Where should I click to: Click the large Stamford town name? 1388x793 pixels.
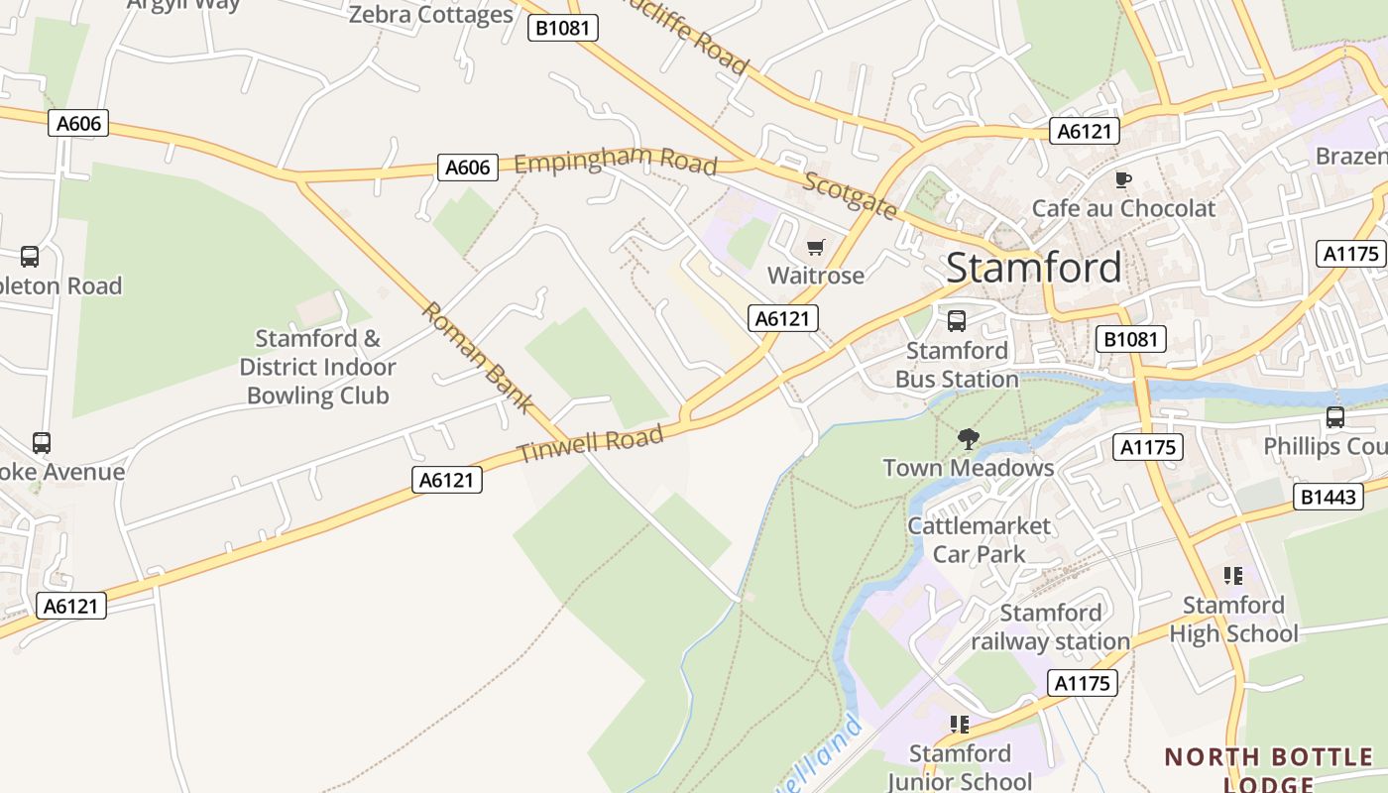[1034, 268]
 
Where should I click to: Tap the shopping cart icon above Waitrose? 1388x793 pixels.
[816, 247]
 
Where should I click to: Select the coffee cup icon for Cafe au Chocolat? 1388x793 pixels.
[1122, 179]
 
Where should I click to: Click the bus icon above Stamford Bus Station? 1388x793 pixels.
[957, 321]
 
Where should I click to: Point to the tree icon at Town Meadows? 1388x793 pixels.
[969, 438]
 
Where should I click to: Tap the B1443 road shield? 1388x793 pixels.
[1329, 497]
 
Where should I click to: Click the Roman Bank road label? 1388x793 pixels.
[478, 358]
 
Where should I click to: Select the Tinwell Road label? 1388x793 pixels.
[590, 444]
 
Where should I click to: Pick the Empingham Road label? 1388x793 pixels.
[615, 160]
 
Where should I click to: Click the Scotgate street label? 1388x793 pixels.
[850, 195]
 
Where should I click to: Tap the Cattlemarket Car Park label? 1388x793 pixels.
[979, 539]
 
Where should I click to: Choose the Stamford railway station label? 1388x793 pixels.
[1051, 627]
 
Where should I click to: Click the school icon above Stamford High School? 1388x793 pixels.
[1233, 576]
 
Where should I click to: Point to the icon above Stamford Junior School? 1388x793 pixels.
[959, 725]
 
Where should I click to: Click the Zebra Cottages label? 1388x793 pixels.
[431, 15]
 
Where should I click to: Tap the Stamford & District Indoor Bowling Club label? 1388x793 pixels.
[317, 367]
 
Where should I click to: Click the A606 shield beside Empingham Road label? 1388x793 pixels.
[467, 168]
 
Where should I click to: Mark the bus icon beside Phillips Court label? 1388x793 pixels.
[1335, 417]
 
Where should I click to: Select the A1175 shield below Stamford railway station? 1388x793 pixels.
[1082, 683]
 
